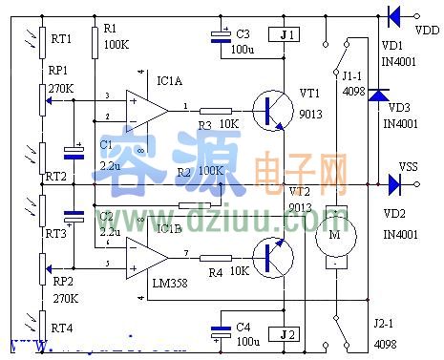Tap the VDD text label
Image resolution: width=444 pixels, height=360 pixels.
429,30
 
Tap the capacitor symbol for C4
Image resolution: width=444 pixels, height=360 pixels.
221,332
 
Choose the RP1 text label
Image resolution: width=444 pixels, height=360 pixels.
60,71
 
